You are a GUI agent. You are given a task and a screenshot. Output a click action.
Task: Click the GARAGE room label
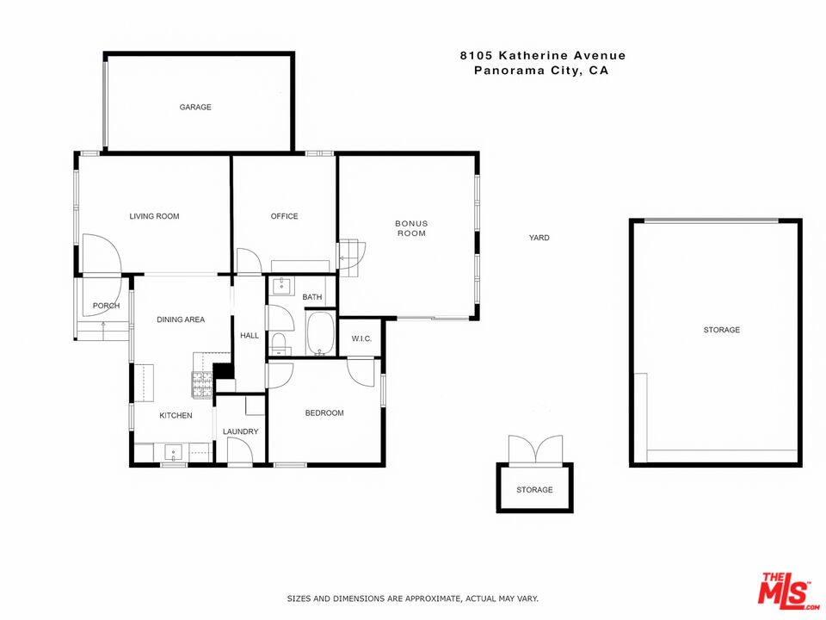coord(195,108)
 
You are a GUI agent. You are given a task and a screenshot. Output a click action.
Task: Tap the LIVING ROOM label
coord(155,216)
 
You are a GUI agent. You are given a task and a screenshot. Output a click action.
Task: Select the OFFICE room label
coord(284,216)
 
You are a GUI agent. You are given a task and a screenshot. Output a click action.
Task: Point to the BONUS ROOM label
coord(411,228)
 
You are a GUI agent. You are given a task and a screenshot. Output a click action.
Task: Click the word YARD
coord(539,238)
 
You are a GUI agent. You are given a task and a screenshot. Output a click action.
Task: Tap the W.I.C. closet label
coord(361,338)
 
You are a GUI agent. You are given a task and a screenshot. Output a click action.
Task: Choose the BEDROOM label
coord(324,413)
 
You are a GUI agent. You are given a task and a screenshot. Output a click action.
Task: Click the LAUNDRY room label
coord(240,431)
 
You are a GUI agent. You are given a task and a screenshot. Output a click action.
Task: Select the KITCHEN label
coord(176,416)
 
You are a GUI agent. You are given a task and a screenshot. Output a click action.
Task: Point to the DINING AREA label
coord(181,319)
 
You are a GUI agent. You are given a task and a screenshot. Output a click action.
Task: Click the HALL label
coord(250,336)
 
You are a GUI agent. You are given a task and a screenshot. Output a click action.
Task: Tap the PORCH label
coord(107,306)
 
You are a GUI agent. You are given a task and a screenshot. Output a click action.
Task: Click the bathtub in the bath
coord(320,333)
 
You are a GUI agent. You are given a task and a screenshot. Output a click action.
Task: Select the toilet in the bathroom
coord(280,344)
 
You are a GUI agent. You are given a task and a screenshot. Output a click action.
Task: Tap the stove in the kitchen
coord(202,386)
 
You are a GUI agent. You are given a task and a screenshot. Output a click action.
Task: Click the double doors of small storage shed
coord(535,450)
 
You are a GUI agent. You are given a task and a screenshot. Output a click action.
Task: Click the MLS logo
coord(785,592)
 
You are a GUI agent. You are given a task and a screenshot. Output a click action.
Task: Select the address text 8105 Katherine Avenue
coord(543,56)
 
